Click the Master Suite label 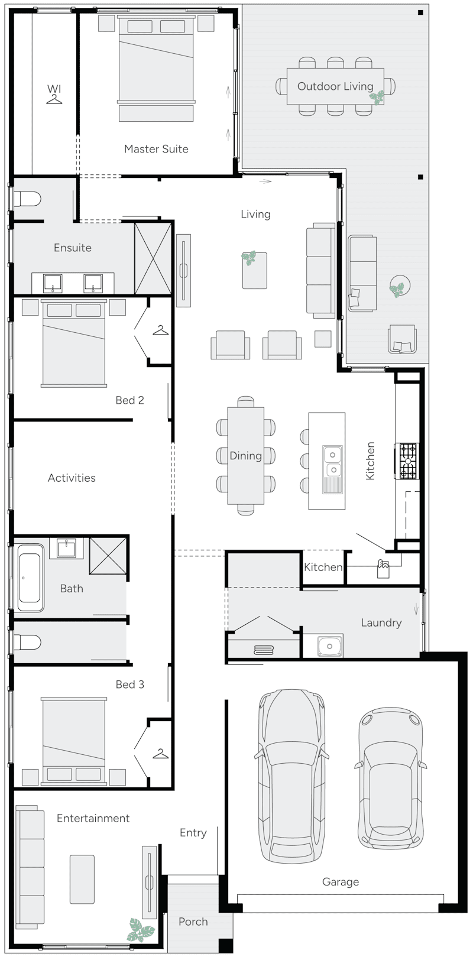pyautogui.click(x=156, y=149)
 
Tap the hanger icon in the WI pyautogui.click(x=54, y=100)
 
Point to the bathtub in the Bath pyautogui.click(x=30, y=578)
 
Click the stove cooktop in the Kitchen pyautogui.click(x=407, y=461)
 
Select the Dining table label pyautogui.click(x=245, y=456)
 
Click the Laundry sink pyautogui.click(x=330, y=646)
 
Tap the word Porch pyautogui.click(x=193, y=922)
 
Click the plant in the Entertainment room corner pyautogui.click(x=141, y=930)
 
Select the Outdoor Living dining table pyautogui.click(x=335, y=86)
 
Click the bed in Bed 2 pyautogui.click(x=74, y=343)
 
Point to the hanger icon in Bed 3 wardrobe pyautogui.click(x=160, y=754)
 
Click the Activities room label pyautogui.click(x=72, y=478)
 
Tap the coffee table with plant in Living pyautogui.click(x=254, y=270)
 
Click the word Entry pyautogui.click(x=193, y=833)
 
